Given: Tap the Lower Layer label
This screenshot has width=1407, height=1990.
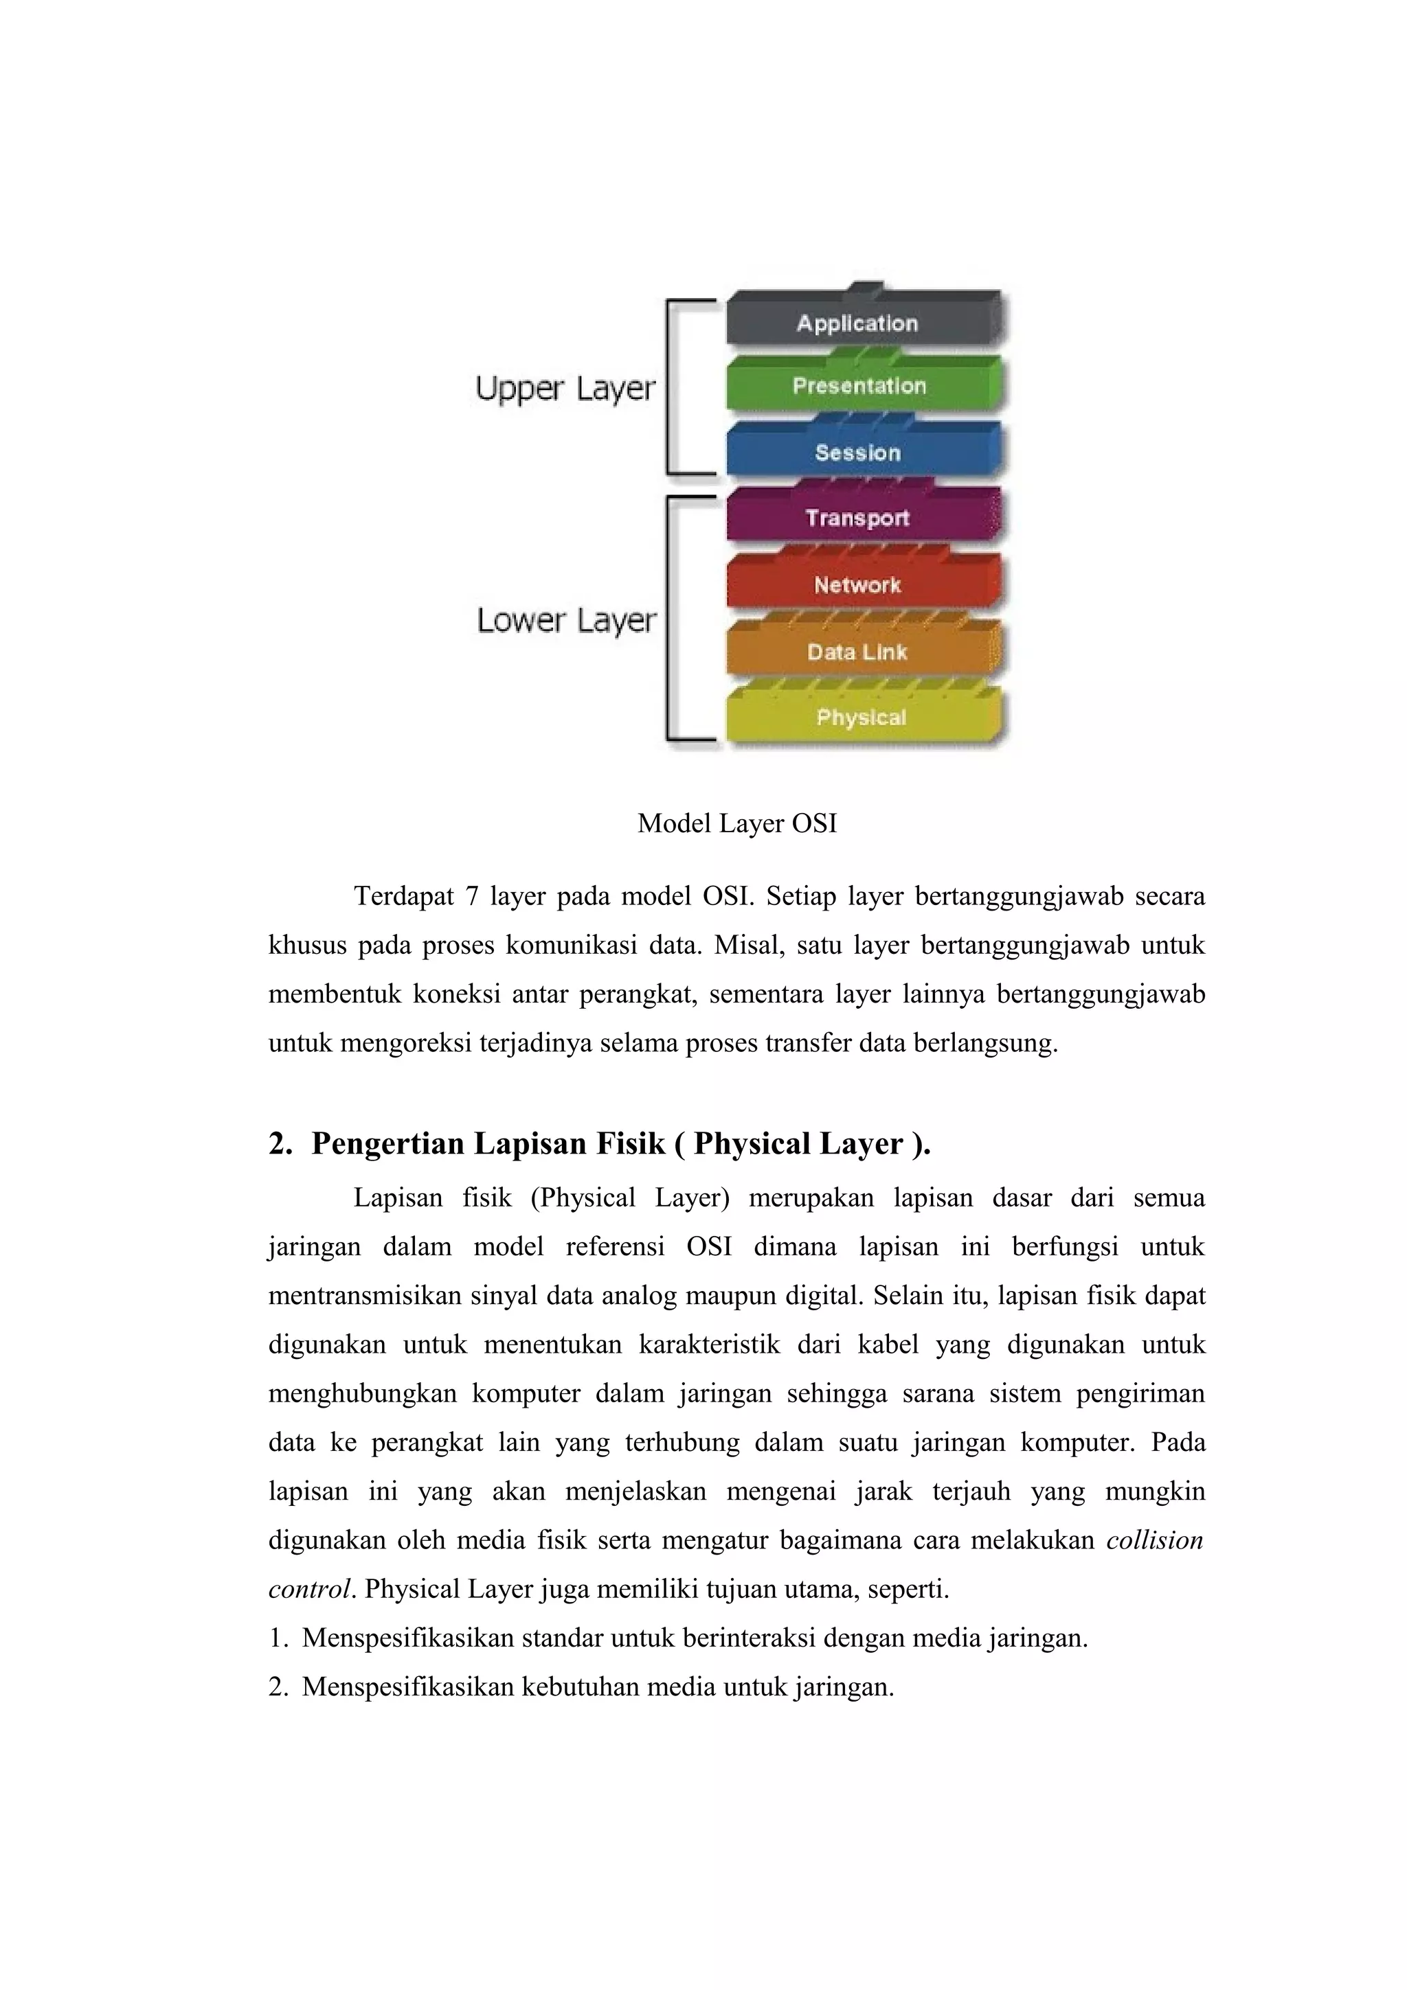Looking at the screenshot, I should point(566,621).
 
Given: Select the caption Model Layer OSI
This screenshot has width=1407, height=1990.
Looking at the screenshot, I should point(737,823).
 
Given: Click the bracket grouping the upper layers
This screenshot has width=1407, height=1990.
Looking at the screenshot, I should point(669,387).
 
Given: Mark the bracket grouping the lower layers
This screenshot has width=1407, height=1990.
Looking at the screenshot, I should point(669,619).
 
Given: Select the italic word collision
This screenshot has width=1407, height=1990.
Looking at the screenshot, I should point(1155,1540).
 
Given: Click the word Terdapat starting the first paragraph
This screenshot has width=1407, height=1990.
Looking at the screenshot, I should point(403,895).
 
